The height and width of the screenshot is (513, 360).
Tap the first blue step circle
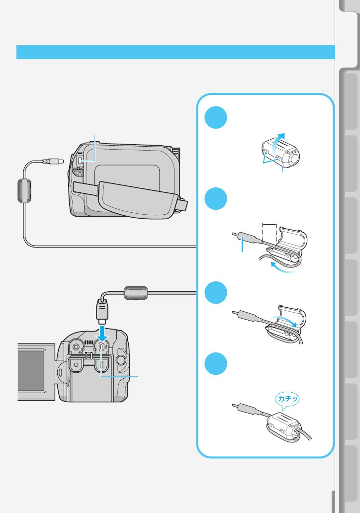pos(216,118)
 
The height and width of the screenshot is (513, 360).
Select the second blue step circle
pos(216,199)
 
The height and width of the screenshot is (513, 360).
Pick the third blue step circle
pos(216,292)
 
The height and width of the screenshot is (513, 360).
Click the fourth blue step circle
pos(216,364)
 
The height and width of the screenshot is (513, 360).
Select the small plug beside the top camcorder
pos(54,161)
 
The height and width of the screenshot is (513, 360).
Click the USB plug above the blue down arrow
pos(101,312)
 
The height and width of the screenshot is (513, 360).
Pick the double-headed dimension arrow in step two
pos(269,224)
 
